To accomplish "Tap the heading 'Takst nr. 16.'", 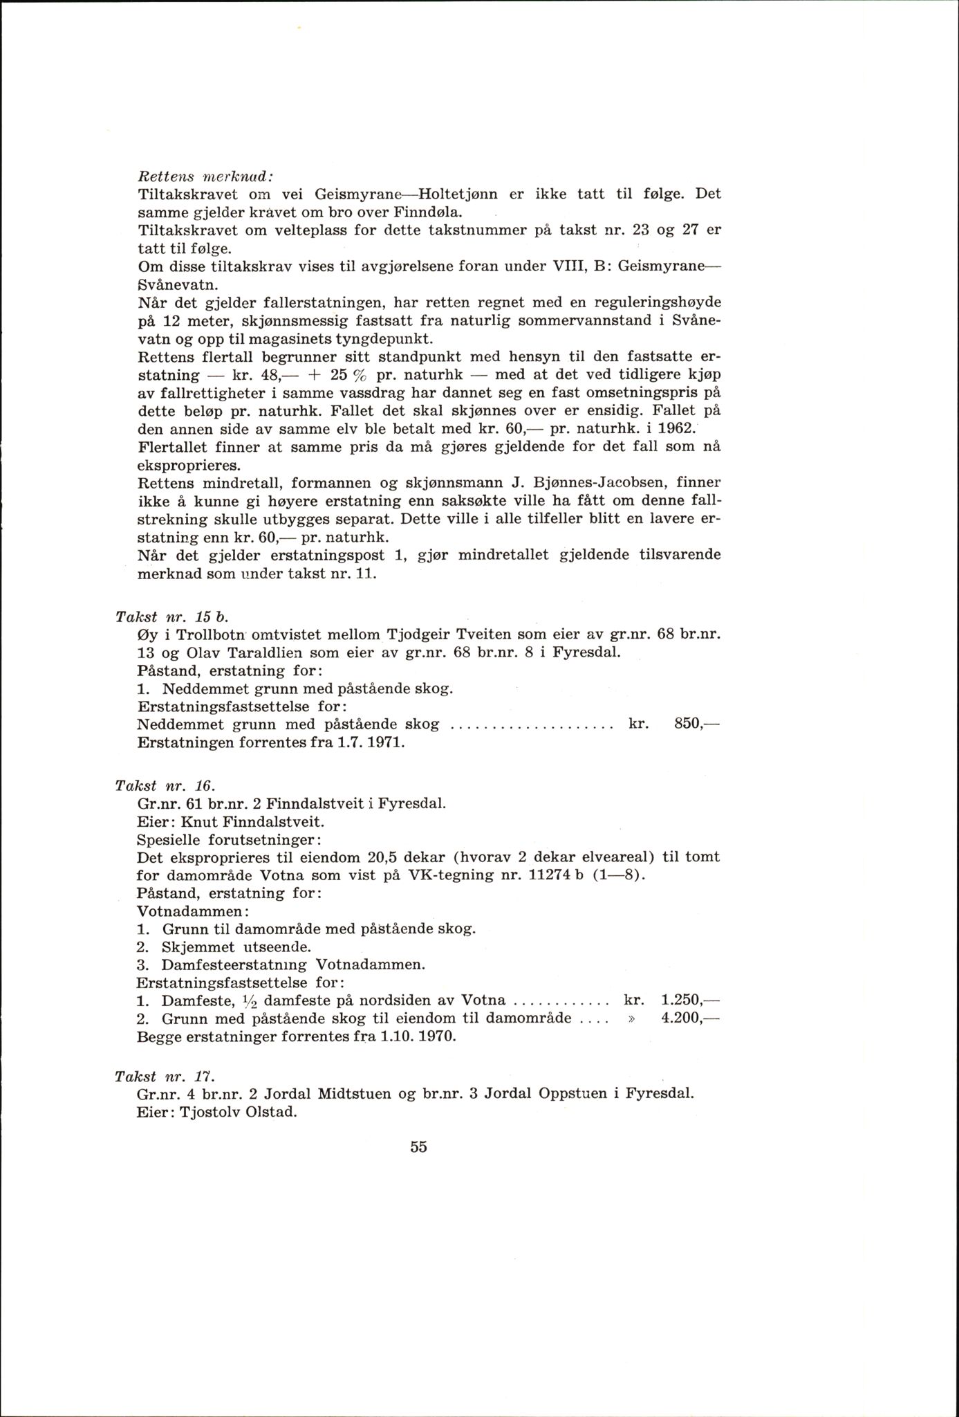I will pos(167,785).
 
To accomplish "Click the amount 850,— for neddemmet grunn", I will pos(696,724).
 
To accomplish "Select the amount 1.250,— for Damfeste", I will pos(690,1000).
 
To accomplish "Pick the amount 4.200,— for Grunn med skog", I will pos(690,1018).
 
